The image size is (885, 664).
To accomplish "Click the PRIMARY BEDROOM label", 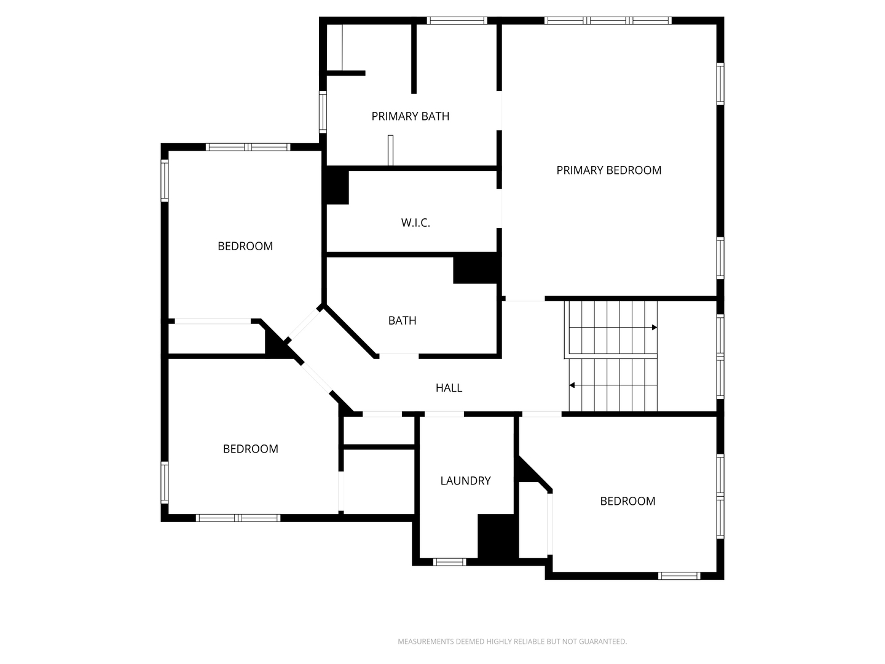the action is tap(608, 170).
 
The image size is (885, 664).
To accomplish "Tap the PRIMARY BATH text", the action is tap(410, 116).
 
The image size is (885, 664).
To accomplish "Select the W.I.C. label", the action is tap(415, 223).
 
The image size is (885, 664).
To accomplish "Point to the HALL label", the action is tap(449, 388).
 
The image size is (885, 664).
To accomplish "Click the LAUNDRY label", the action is tap(465, 481).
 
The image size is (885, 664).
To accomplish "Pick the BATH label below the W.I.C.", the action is tap(402, 320).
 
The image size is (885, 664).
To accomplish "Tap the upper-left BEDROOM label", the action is tap(245, 246).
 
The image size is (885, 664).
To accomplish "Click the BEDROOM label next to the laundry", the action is tap(627, 501).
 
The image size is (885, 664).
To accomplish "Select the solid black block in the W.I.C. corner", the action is tap(337, 186).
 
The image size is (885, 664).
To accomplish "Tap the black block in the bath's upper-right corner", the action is tap(477, 268).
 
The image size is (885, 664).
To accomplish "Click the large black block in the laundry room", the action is tap(498, 537).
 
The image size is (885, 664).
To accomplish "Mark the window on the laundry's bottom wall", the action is tap(449, 562).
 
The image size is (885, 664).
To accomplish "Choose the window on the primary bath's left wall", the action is tap(323, 112).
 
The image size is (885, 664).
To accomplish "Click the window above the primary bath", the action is tap(457, 20).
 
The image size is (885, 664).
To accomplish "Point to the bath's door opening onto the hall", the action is tap(399, 356).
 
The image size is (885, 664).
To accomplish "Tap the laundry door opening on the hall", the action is tap(444, 414).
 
